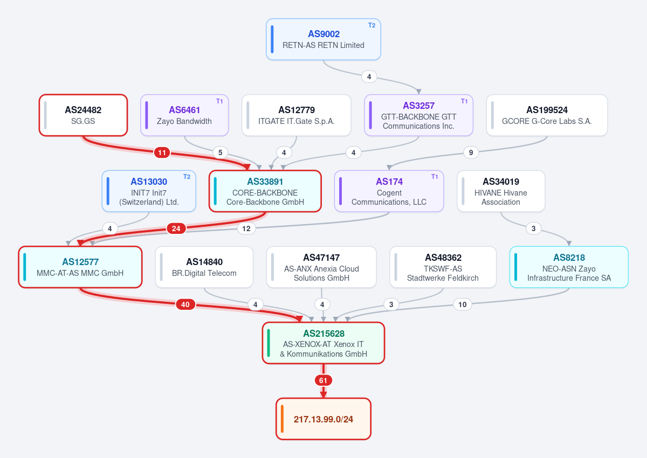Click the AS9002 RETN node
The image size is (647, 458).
pos(323,39)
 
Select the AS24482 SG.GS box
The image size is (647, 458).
pos(83,115)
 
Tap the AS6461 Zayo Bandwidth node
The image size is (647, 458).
pos(184,115)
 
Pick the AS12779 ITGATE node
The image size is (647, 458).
pos(297,115)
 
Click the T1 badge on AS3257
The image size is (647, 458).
pos(464,101)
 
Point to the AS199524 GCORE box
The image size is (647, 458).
pos(547,115)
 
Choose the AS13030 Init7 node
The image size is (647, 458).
pos(149,191)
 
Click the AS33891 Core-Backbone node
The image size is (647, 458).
pos(265,191)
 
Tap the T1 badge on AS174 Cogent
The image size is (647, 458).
pos(435,177)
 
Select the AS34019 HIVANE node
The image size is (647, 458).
pos(501,191)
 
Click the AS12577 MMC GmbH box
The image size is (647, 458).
pos(80,267)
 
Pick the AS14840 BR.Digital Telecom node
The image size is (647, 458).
pos(204,267)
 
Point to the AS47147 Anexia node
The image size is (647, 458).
pos(321,267)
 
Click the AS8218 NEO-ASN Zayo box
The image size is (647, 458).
pos(569,267)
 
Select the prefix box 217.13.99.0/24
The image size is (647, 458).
pos(323,419)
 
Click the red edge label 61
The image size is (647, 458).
pos(323,380)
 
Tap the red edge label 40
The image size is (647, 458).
pos(185,304)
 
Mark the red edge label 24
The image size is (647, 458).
pos(176,228)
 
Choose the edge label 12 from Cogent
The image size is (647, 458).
pos(246,228)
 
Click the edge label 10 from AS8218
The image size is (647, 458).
pos(463,304)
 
